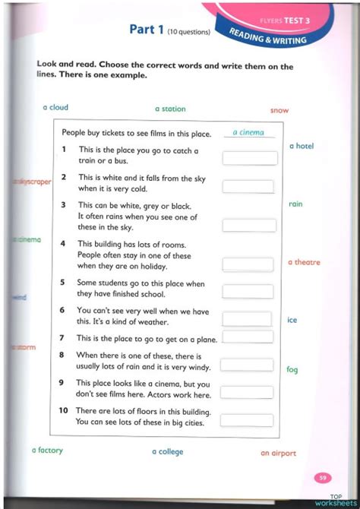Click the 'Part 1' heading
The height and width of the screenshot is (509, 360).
click(x=147, y=30)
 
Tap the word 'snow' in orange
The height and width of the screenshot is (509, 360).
click(x=279, y=110)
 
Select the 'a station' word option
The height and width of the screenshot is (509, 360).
click(x=170, y=109)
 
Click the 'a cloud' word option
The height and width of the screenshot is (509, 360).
click(x=55, y=108)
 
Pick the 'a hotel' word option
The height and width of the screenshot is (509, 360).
click(x=302, y=146)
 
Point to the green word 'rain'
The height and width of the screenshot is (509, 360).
click(x=295, y=204)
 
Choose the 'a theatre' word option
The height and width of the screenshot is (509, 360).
click(x=304, y=262)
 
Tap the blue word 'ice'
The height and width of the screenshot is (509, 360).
click(x=292, y=320)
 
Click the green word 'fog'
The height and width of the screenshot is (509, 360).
click(x=292, y=370)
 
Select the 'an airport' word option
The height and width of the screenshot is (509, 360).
click(x=278, y=454)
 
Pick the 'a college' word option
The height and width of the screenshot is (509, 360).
click(x=167, y=452)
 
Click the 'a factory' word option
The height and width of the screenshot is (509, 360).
click(x=47, y=451)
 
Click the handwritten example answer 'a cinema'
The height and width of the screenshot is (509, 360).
click(x=248, y=132)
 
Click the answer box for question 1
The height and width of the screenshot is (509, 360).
click(x=249, y=158)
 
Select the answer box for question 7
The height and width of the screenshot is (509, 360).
click(x=248, y=337)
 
